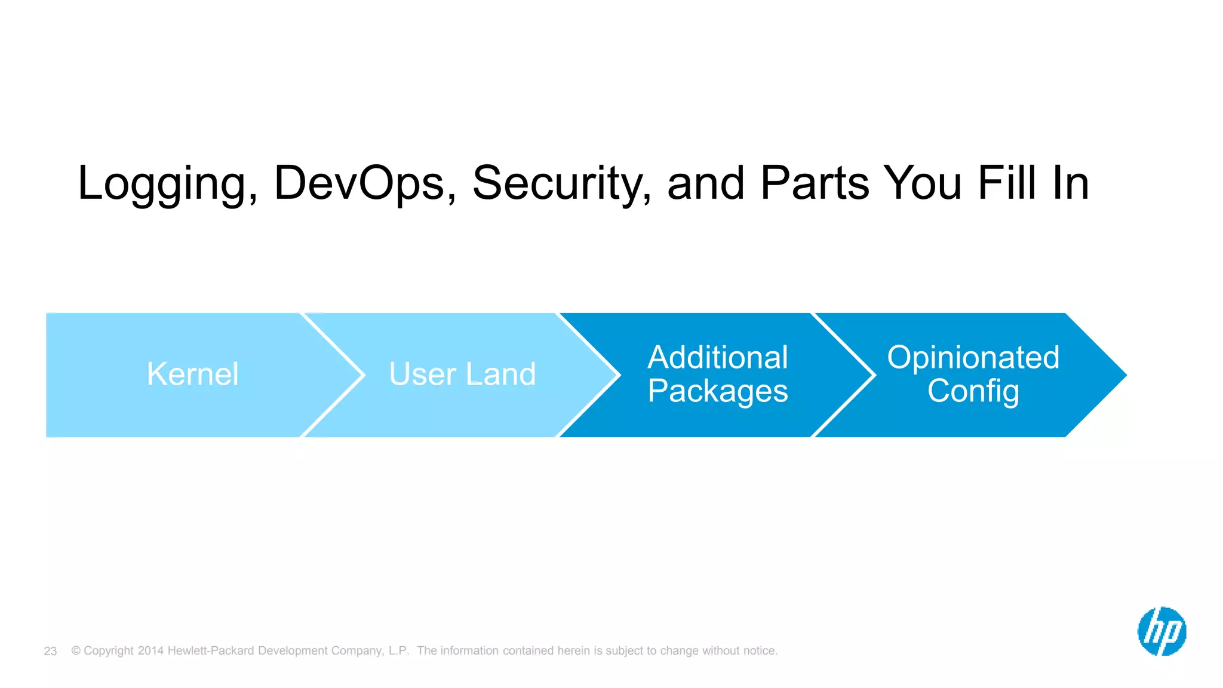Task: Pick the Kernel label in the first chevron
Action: (x=192, y=374)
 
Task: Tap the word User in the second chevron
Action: (x=422, y=374)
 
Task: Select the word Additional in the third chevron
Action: (x=718, y=358)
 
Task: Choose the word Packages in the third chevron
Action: (x=718, y=392)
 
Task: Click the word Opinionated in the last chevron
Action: (x=973, y=358)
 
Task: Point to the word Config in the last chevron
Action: (x=973, y=392)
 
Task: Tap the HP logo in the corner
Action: (x=1161, y=631)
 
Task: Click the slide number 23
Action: (x=50, y=651)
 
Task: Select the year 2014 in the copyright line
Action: (x=150, y=650)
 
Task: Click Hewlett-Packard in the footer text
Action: (x=211, y=650)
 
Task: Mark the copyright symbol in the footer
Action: (x=76, y=650)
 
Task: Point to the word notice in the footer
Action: (x=759, y=650)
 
